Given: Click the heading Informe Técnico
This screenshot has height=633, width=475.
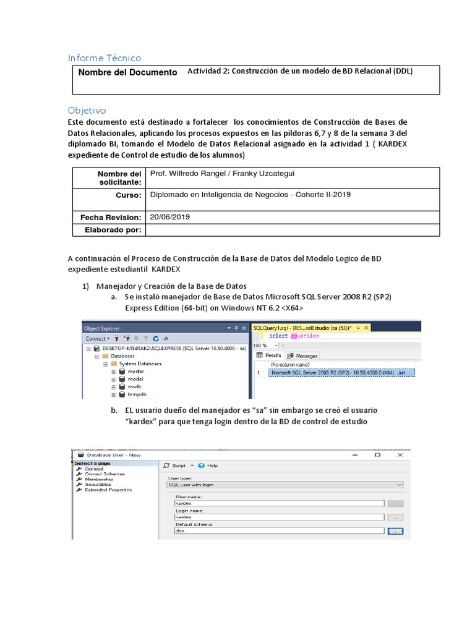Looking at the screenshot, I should click(105, 58).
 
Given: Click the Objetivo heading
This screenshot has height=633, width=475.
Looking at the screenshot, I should click(87, 110).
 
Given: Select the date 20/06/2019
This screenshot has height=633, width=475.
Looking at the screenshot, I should click(169, 217).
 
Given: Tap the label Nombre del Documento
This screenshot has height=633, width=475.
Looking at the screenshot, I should click(127, 72).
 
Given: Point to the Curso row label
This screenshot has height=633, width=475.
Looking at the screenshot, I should click(129, 195).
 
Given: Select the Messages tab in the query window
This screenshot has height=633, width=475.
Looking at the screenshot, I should click(306, 356).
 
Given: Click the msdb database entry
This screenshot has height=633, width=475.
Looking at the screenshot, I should click(135, 386).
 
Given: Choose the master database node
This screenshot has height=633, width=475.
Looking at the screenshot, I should click(135, 372).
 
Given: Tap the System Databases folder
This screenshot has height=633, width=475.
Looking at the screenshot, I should click(140, 364).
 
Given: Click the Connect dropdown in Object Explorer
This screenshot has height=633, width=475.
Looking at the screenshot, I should click(98, 339).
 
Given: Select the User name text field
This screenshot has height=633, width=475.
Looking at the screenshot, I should click(280, 504).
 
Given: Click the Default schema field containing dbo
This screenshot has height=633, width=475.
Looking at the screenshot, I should click(280, 530).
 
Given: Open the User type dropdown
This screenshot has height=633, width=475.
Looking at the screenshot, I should click(286, 485).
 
